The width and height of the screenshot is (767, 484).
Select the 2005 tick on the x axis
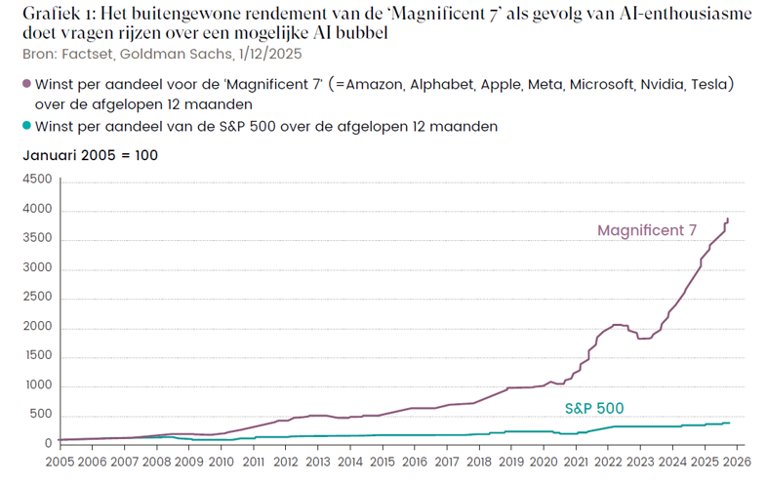[60, 462]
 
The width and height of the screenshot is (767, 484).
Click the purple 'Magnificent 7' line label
[646, 230]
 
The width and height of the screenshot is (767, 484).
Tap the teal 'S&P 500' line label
[594, 408]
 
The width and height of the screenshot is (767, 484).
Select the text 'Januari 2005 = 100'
[90, 155]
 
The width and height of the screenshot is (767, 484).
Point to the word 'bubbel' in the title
[358, 32]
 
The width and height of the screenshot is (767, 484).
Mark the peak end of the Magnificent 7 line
[728, 220]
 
